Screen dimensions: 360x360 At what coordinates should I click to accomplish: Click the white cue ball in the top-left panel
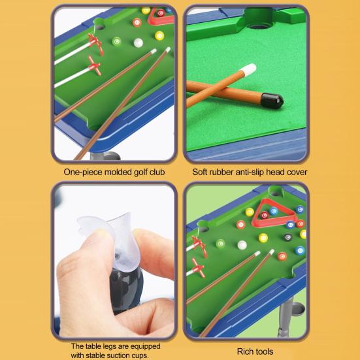coord(138,42)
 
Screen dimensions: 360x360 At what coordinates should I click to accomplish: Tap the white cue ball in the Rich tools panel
coord(242,245)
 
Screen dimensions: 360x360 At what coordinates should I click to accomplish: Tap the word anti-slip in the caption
coord(250,173)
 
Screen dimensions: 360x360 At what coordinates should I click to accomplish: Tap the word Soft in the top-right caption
coord(203,173)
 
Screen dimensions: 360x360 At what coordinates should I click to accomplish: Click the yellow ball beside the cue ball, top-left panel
coord(159,35)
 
